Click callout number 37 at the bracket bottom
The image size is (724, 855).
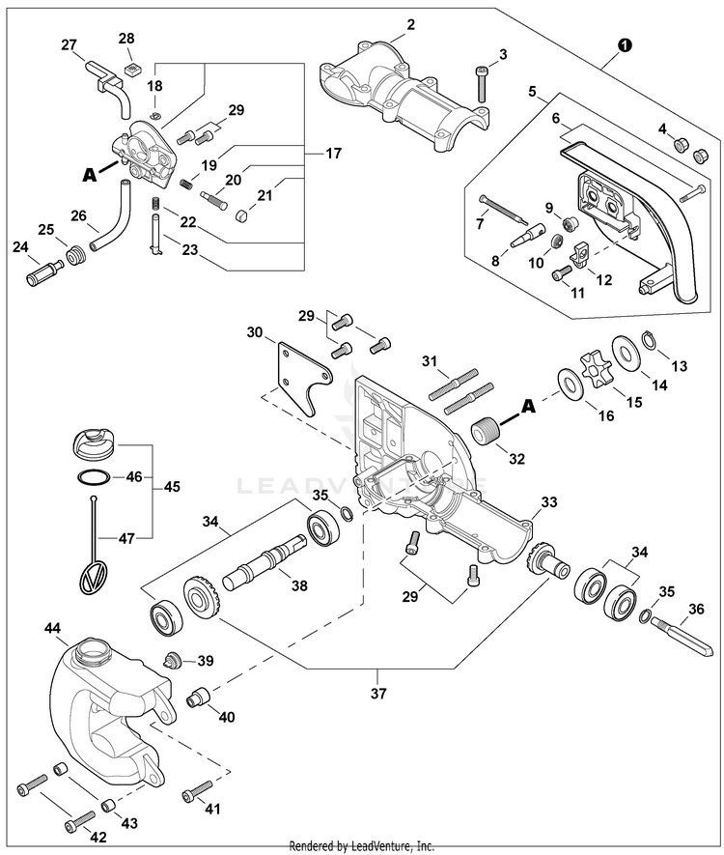[x=377, y=693]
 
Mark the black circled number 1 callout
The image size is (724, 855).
[x=625, y=45]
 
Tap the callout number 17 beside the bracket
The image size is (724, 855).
[x=333, y=153]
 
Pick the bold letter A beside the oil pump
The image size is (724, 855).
[x=90, y=176]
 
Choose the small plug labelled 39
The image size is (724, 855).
[x=175, y=660]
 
